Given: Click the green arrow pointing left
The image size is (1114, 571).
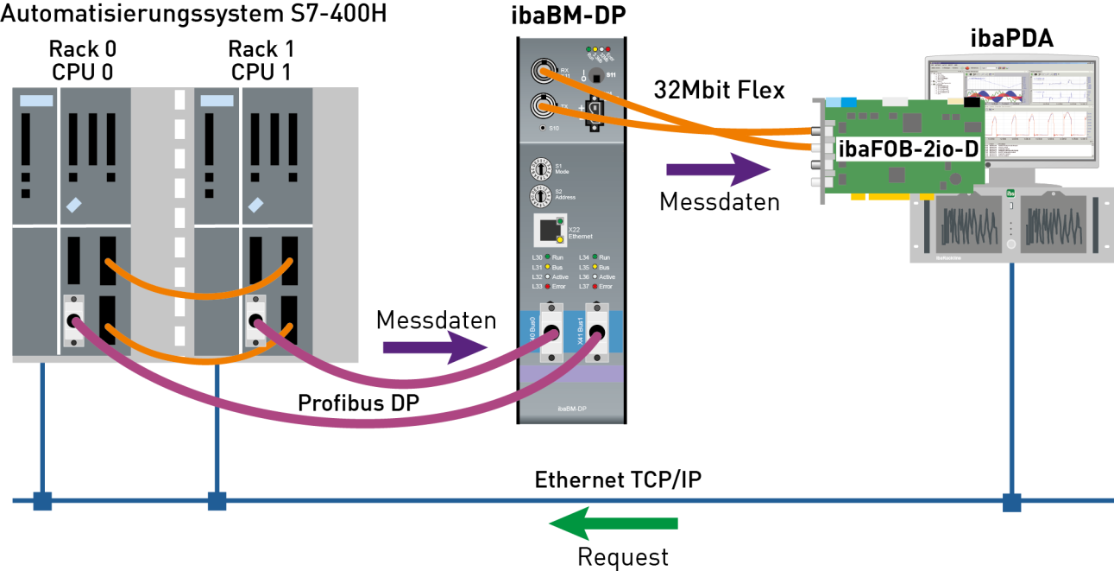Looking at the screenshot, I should pyautogui.click(x=613, y=523).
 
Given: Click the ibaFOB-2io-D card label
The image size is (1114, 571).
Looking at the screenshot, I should pyautogui.click(x=908, y=149).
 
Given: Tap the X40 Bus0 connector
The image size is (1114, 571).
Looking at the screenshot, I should pyautogui.click(x=551, y=332).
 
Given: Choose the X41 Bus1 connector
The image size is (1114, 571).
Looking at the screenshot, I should pyautogui.click(x=596, y=332).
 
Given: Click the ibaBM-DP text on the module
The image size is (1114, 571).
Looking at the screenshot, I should pyautogui.click(x=571, y=406).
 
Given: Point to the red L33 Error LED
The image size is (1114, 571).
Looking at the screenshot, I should pyautogui.click(x=547, y=286).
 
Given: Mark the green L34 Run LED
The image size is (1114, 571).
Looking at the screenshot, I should pyautogui.click(x=595, y=257).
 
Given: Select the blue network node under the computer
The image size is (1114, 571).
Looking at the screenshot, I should pyautogui.click(x=1011, y=501).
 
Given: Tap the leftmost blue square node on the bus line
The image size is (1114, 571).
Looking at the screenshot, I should pyautogui.click(x=42, y=501).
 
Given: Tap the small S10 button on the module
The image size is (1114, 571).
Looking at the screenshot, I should pyautogui.click(x=542, y=128).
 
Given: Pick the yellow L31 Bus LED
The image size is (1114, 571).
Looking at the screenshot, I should pyautogui.click(x=547, y=267).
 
